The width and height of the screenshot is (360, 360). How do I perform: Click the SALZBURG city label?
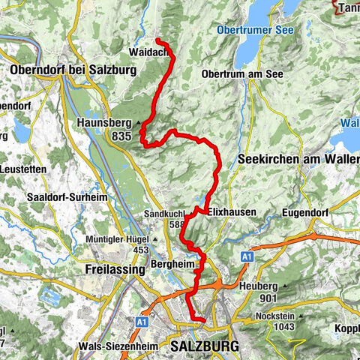pos(205,346)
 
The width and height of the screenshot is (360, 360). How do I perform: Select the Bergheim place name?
pos(166,265)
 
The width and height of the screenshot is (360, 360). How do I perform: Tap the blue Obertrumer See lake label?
pos(254,30)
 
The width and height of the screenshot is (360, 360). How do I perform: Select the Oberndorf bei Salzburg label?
pos(73,70)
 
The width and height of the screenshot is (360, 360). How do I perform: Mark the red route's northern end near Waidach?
pos(157,40)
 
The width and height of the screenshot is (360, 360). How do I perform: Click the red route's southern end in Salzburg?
pos(203,320)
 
